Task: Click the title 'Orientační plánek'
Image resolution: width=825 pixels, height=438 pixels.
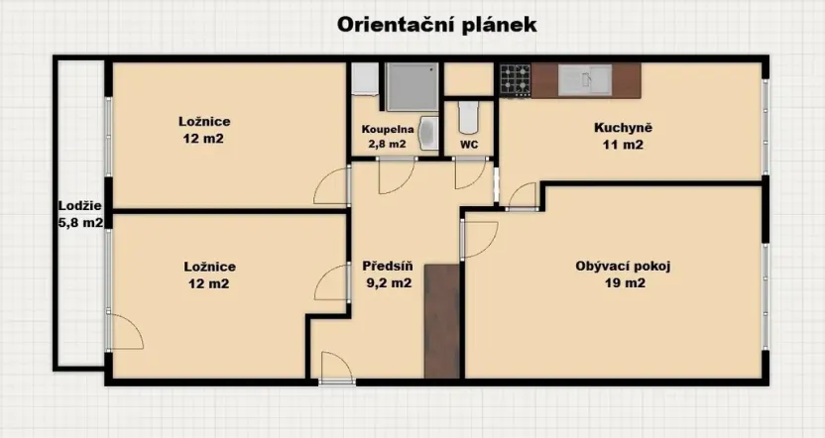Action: [437, 25]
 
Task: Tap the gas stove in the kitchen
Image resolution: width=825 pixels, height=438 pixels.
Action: [515, 80]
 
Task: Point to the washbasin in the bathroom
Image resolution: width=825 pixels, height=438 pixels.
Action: [428, 133]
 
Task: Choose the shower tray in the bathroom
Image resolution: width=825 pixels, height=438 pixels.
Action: [412, 86]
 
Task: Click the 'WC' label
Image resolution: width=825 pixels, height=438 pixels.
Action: [469, 145]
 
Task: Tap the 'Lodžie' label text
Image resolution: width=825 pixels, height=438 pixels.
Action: [79, 206]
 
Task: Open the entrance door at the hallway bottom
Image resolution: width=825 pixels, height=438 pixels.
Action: [337, 369]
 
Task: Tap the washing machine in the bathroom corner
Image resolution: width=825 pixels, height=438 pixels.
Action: [363, 78]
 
